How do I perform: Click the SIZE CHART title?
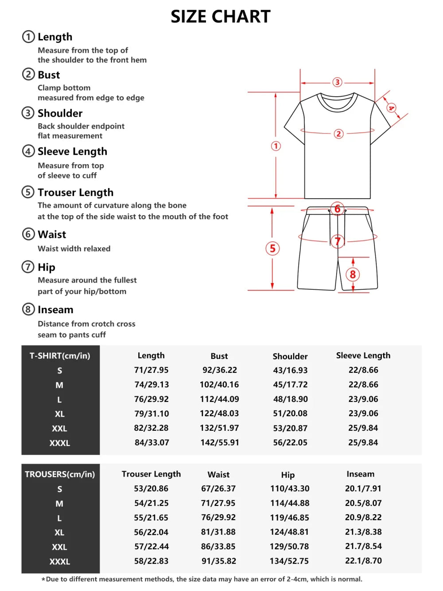click(x=221, y=17)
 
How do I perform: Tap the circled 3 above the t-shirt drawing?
click(x=337, y=82)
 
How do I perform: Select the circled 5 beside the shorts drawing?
click(x=272, y=248)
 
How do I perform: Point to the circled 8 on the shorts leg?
click(x=353, y=275)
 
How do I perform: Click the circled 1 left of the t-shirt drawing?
click(x=276, y=146)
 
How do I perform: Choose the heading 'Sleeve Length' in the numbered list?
click(x=72, y=151)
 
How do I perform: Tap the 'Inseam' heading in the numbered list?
click(x=55, y=310)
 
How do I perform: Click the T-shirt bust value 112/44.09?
click(x=219, y=399)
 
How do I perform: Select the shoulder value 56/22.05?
click(x=290, y=442)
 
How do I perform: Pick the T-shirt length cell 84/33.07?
click(x=152, y=442)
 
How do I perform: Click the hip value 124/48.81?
click(x=290, y=532)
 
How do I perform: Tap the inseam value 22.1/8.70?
click(x=363, y=560)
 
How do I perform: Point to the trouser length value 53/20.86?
click(x=151, y=489)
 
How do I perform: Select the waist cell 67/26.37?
click(x=218, y=489)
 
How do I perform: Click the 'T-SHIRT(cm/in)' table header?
click(x=60, y=356)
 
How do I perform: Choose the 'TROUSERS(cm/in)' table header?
click(x=60, y=474)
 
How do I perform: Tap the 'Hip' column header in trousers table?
click(x=288, y=475)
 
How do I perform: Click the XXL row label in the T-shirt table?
click(x=59, y=429)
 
